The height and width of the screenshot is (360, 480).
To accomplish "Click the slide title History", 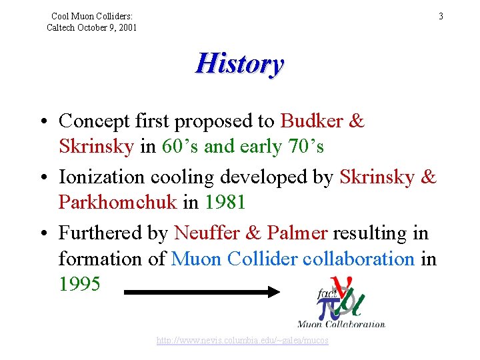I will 239,64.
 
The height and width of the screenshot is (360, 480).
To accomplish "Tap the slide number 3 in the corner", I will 441,15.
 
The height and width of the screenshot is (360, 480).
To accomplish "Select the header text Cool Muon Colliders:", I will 92,15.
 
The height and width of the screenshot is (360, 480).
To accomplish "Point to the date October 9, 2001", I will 108,27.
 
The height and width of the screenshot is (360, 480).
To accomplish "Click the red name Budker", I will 311,121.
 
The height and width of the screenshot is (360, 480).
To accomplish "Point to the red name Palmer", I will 297,233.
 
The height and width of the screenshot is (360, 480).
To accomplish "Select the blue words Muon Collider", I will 234,259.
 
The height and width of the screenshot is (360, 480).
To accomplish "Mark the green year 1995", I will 79,285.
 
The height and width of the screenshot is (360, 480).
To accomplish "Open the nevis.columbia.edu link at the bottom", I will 242,341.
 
